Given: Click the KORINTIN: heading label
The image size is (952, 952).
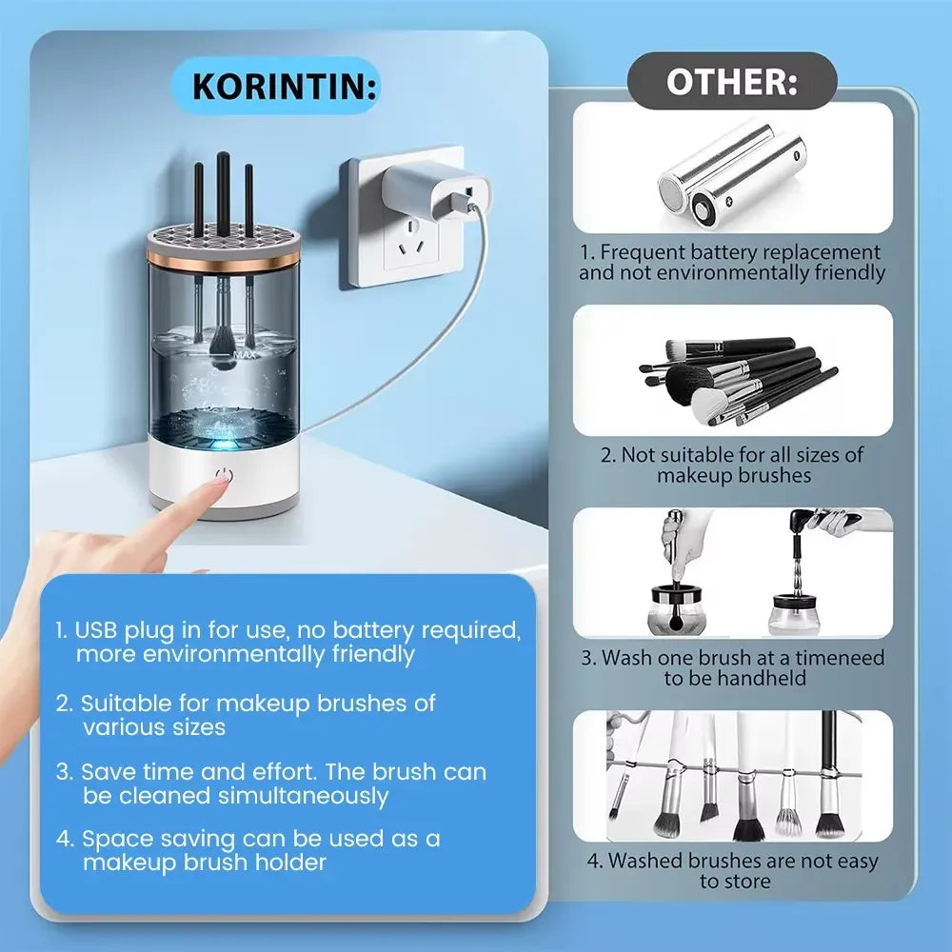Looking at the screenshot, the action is pyautogui.click(x=284, y=87).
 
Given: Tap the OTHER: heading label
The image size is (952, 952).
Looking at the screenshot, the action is pyautogui.click(x=731, y=81).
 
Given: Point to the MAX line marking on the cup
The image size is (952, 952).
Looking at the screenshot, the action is pyautogui.click(x=244, y=354).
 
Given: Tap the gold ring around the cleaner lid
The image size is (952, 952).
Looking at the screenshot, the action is pyautogui.click(x=224, y=257).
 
